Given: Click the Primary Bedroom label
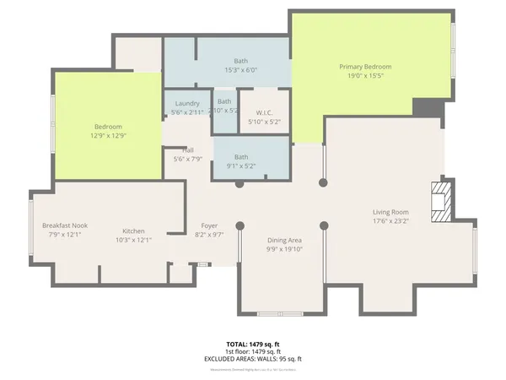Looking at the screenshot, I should (x=365, y=67).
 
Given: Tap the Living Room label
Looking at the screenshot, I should (x=390, y=212).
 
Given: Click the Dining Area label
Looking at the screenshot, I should (x=284, y=240).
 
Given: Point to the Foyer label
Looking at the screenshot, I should (x=209, y=225).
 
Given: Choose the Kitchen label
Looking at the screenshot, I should (x=133, y=231).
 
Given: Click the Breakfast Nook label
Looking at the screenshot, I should (x=65, y=225).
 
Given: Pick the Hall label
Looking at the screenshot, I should (x=188, y=149).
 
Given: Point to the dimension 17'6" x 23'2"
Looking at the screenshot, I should (x=390, y=221).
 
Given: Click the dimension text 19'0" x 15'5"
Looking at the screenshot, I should (x=365, y=76).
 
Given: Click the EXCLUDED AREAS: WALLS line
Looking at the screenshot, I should (x=252, y=359).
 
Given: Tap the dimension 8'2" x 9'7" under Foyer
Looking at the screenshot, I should (x=209, y=235).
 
